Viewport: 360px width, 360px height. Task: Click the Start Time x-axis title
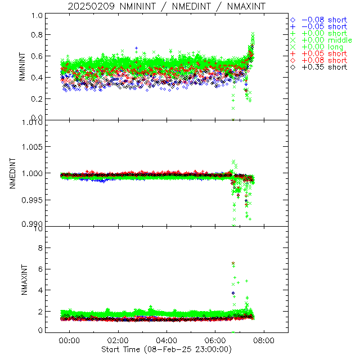[x=167, y=349]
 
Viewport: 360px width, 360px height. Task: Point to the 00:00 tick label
[x=69, y=340]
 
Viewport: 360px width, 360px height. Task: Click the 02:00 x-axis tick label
[x=118, y=340]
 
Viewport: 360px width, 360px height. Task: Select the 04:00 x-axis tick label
[x=166, y=340]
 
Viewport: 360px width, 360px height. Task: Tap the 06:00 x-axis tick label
[x=215, y=340]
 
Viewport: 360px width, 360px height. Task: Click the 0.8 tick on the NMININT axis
[x=37, y=35]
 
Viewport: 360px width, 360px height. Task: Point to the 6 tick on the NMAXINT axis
[x=40, y=269]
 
